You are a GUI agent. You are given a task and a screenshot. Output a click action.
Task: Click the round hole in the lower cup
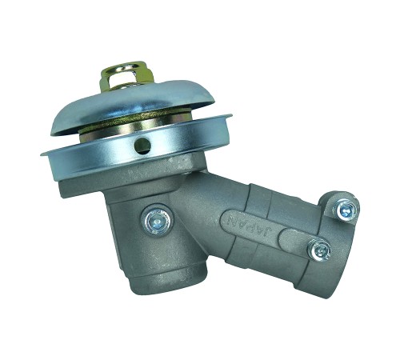coord(142,146)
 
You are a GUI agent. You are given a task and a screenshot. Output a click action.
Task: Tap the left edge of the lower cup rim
coord(42,155)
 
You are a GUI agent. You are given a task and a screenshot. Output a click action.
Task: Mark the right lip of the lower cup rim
coord(230,117)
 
